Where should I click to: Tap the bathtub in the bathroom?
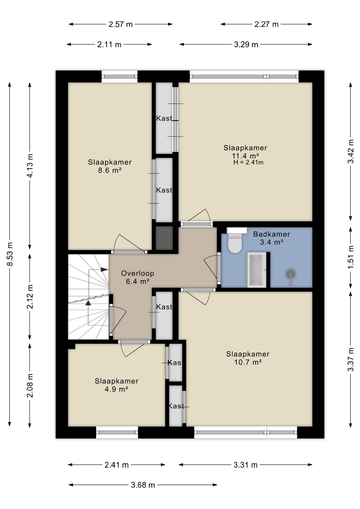[256, 270]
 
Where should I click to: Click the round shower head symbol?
[291, 274]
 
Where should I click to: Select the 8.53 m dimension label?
[10, 254]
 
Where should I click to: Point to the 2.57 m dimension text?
[120, 24]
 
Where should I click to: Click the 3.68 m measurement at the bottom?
[143, 485]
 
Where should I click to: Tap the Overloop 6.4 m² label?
[137, 277]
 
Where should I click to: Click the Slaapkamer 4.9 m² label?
[116, 385]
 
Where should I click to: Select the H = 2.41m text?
[248, 163]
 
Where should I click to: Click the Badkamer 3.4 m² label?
[271, 238]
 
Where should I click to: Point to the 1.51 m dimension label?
[350, 257]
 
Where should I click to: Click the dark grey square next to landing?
[164, 238]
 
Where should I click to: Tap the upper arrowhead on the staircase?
[104, 270]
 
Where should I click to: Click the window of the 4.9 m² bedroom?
[117, 432]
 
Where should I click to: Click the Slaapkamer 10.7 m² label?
[248, 358]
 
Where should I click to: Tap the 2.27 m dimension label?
[266, 24]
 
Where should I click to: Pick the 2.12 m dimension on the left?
[30, 297]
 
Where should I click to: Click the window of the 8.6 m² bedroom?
[120, 77]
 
